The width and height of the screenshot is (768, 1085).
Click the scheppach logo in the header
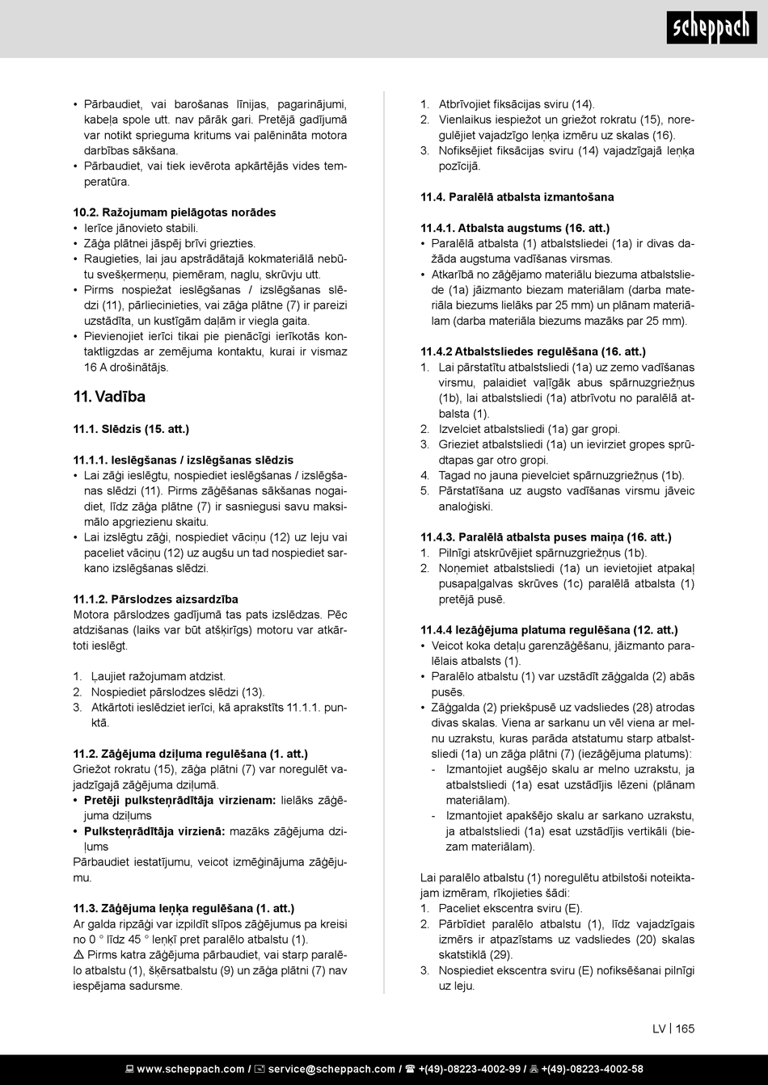711,29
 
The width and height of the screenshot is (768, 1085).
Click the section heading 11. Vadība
109,397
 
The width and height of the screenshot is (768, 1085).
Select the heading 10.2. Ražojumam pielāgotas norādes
175,212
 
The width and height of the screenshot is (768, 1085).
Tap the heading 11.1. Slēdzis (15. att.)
131,429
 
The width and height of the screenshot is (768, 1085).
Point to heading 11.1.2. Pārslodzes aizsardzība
155,599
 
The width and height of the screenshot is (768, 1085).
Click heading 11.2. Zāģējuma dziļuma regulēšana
190,754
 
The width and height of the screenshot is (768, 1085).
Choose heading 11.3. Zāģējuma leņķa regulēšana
184,909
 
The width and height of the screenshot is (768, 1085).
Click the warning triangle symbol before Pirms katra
78,955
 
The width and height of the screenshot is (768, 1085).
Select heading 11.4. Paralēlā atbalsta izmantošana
517,197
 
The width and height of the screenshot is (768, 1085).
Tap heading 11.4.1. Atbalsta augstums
515,229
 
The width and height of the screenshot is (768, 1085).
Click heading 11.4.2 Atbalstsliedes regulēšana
533,352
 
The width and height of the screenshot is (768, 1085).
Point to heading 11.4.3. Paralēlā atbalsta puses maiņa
546,537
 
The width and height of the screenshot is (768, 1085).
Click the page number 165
685,1028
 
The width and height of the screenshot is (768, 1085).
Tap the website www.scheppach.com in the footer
189,1069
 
